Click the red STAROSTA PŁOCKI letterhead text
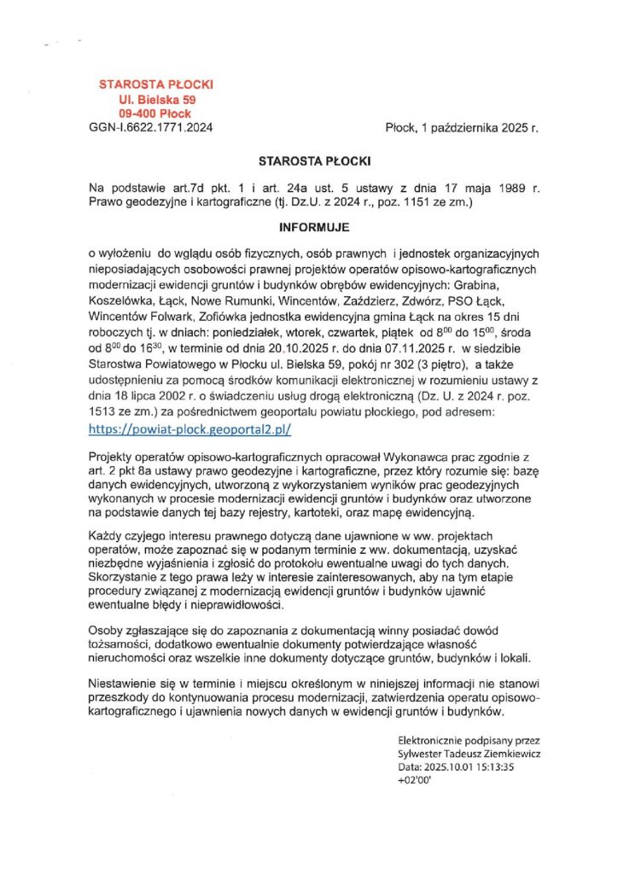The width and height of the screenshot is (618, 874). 156,84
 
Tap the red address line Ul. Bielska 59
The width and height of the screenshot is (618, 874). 156,99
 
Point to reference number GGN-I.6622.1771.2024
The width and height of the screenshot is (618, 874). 151,127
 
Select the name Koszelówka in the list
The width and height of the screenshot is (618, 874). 124,300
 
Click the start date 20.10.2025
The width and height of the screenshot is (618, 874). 315,348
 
